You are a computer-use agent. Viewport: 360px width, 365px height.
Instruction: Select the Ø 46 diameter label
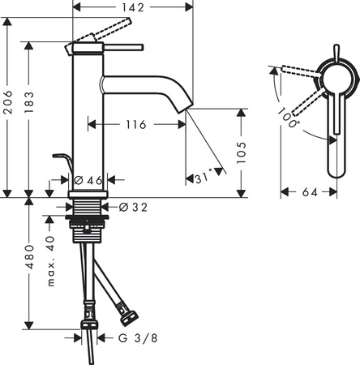88,180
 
